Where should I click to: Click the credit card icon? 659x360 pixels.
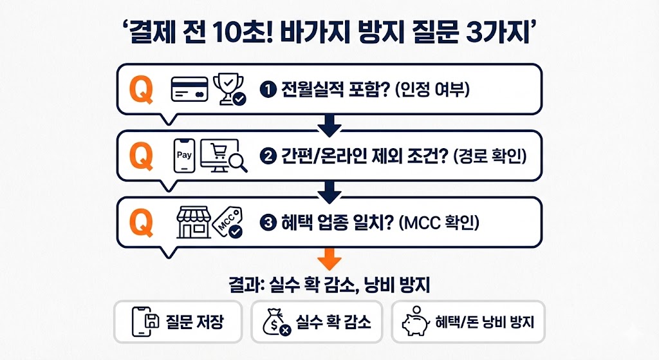189,90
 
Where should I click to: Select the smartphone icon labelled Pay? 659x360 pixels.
184,155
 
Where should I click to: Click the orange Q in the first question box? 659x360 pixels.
142,90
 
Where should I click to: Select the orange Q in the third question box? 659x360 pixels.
142,222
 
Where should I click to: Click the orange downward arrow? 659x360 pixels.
329,260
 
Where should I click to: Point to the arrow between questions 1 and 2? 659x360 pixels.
329,125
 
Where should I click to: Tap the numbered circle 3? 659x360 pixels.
266,223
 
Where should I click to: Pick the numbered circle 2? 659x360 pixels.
266,156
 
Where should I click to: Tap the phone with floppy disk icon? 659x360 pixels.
145,321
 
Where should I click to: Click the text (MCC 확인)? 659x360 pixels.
441,223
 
